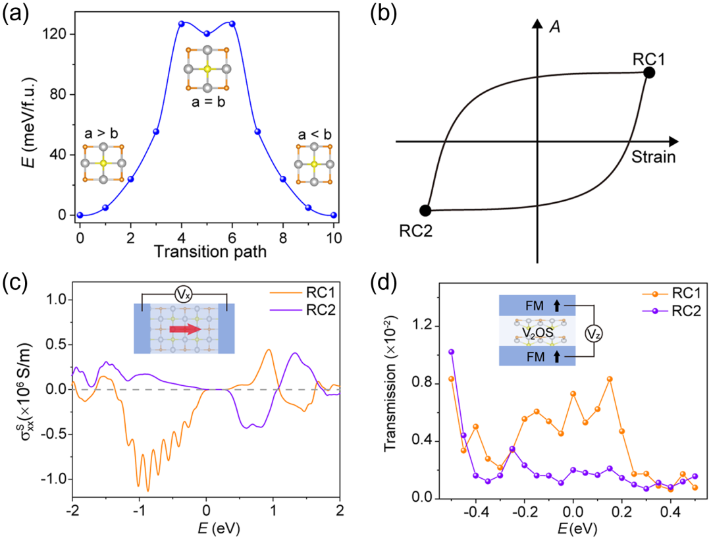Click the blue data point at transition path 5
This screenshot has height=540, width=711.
[207, 34]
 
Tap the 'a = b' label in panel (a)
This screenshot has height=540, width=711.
[208, 102]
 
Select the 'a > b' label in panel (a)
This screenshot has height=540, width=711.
[101, 133]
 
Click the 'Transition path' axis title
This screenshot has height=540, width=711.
[210, 251]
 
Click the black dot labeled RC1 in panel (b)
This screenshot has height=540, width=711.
[649, 72]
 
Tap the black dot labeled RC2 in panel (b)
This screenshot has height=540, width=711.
[425, 210]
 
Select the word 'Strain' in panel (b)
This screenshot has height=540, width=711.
[654, 157]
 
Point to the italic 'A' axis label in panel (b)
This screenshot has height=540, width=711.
[555, 27]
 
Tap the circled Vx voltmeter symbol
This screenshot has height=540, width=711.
[184, 295]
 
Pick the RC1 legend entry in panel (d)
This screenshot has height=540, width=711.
[671, 294]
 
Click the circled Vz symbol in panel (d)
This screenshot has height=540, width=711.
[594, 334]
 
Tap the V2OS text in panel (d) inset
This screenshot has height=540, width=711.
[537, 333]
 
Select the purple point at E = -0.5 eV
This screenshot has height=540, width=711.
[451, 352]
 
